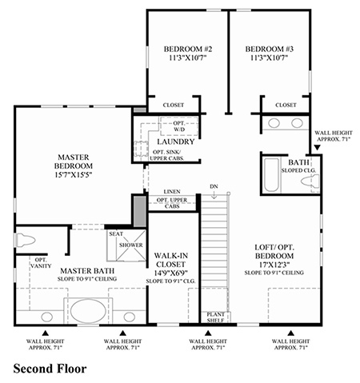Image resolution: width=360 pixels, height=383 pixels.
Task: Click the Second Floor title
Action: pos(50,369)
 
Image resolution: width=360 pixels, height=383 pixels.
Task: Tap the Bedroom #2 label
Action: pos(188,49)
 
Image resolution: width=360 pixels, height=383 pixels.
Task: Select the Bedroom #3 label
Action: pos(270,49)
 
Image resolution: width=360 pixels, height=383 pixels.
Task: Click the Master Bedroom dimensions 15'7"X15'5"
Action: pos(74,174)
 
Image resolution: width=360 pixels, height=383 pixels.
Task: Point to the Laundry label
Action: pos(176,142)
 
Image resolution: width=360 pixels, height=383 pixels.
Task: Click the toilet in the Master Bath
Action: pos(26,240)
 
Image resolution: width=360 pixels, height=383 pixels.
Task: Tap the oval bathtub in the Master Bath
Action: pos(88,311)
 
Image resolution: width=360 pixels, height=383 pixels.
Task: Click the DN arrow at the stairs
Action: pos(214,195)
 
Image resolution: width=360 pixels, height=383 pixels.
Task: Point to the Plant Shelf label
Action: pos(215,317)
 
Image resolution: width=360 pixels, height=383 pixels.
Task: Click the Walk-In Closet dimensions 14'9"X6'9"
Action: pos(170,273)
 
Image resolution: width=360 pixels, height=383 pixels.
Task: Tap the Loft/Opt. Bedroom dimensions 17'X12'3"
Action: pos(274,265)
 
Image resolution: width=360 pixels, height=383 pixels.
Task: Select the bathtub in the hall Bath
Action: pos(271,175)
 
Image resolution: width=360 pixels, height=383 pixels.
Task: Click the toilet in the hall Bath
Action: pos(310,182)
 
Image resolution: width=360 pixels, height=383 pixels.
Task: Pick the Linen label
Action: pos(172,192)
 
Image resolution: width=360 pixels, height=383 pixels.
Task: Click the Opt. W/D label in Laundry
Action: pos(179,126)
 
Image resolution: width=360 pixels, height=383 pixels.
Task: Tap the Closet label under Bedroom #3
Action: pos(286,105)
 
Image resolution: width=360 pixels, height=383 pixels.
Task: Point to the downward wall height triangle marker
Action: pos(317,147)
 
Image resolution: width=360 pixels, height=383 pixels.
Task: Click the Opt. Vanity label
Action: pos(41,263)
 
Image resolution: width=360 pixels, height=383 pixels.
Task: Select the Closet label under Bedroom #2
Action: pos(174,105)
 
